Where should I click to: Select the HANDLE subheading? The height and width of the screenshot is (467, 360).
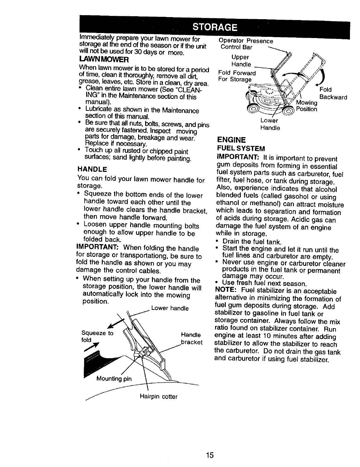(x=92, y=169)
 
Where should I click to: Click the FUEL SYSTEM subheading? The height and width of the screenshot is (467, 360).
(x=241, y=147)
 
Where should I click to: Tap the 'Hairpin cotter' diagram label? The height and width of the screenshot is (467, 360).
(x=159, y=397)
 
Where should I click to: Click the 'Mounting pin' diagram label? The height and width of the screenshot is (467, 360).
(x=114, y=379)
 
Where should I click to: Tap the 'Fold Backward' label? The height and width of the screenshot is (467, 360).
(x=333, y=93)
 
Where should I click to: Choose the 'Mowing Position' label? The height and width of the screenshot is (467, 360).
(x=307, y=106)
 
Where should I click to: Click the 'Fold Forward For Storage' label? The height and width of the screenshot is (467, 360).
(x=237, y=76)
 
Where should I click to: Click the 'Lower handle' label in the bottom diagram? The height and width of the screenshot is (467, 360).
(x=170, y=308)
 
